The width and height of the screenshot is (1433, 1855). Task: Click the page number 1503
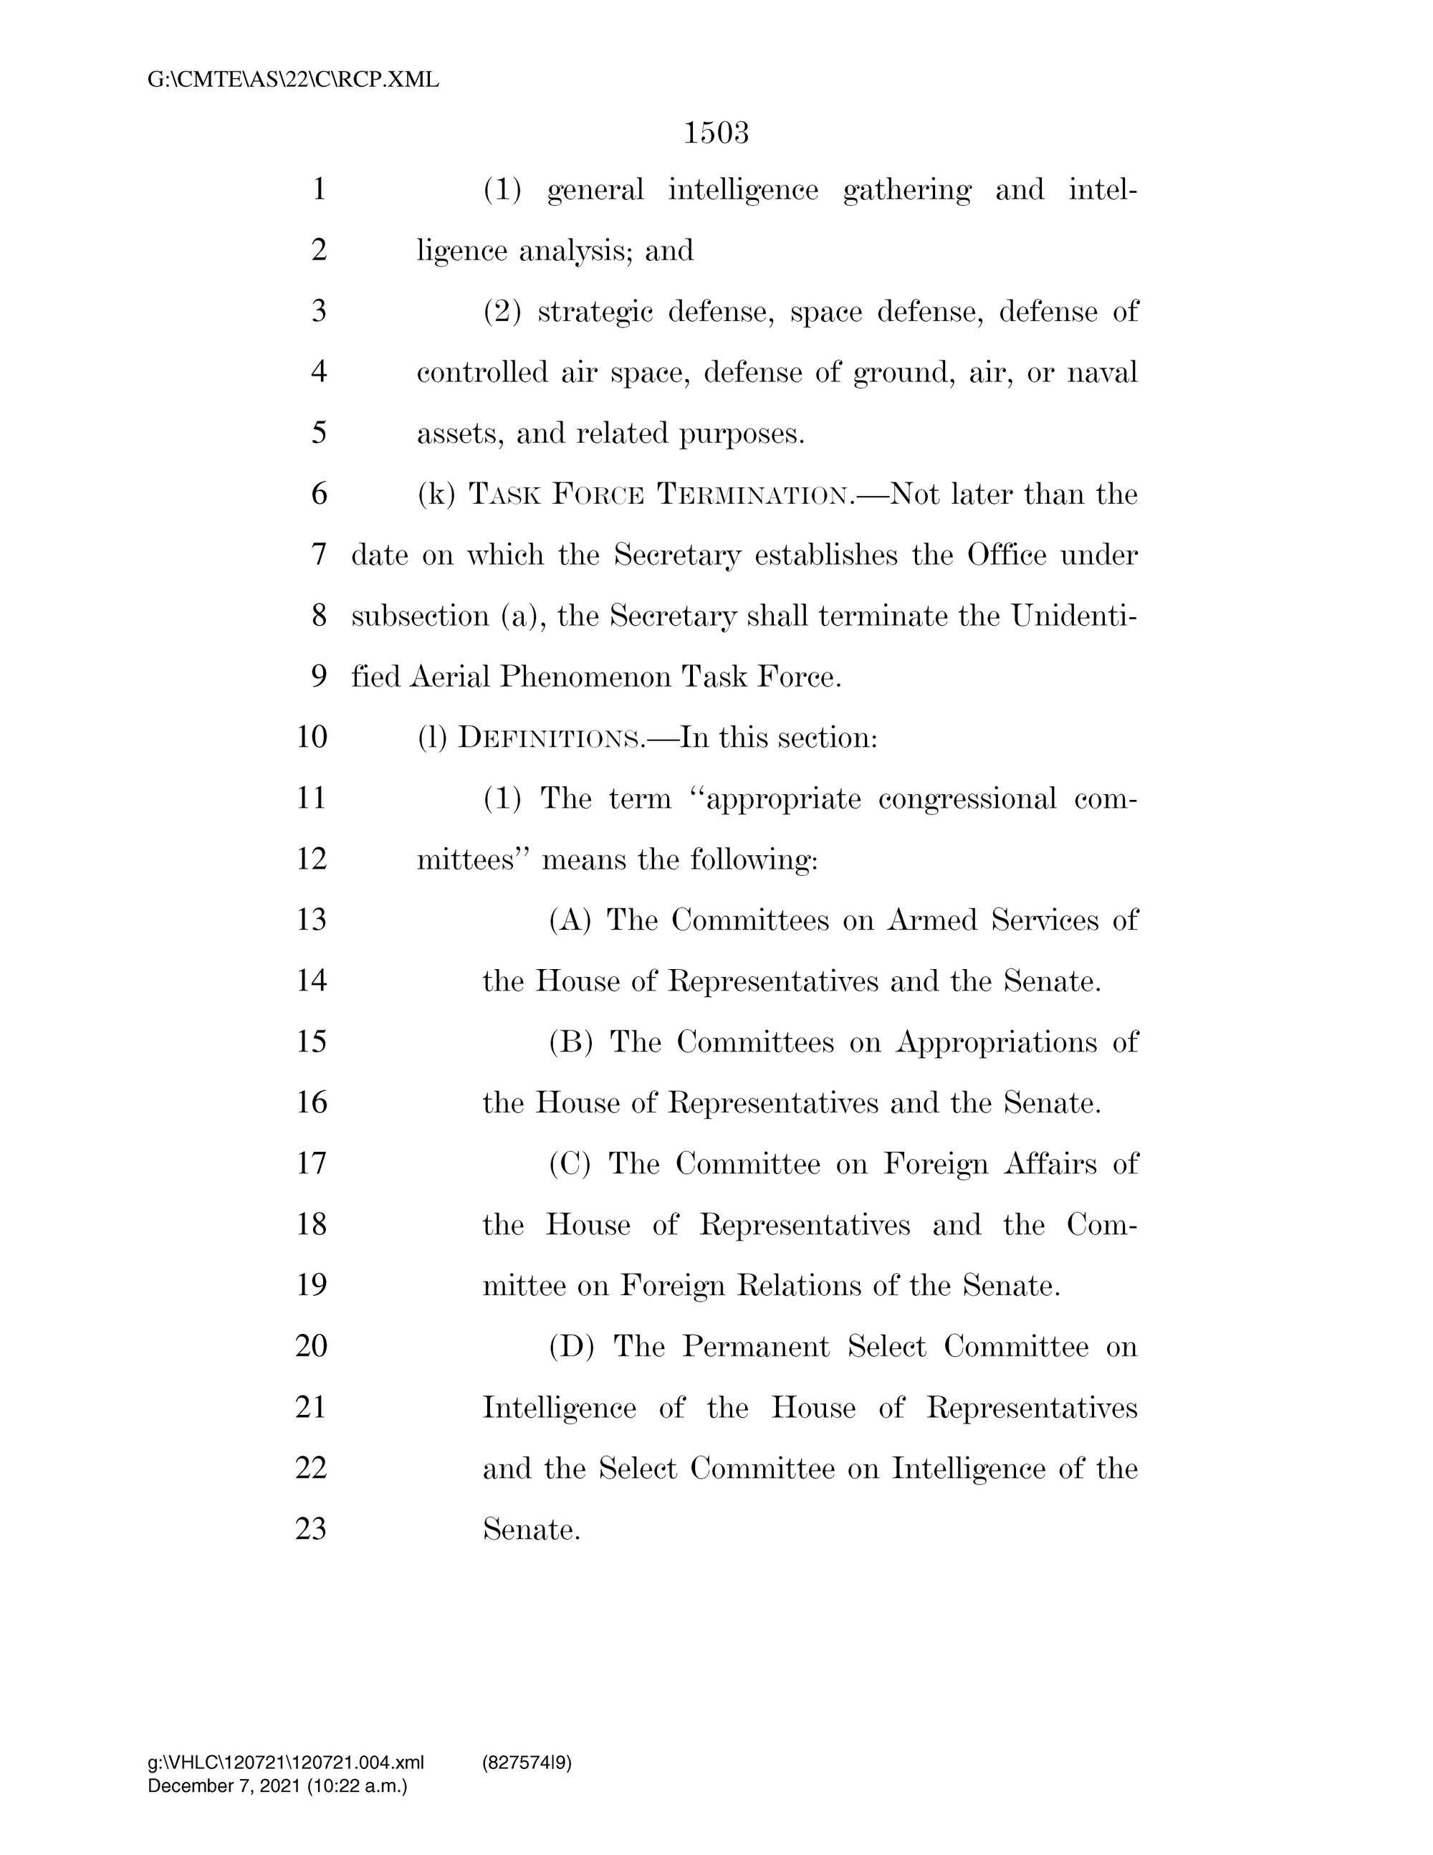pos(716,133)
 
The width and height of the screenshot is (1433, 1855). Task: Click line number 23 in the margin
pos(312,1529)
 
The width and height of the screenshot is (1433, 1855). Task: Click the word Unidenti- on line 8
pos(1074,616)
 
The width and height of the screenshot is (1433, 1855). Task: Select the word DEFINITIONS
pos(552,738)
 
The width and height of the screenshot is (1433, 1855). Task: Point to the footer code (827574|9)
pos(527,1763)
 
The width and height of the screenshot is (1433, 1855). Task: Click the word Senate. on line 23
pos(532,1530)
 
